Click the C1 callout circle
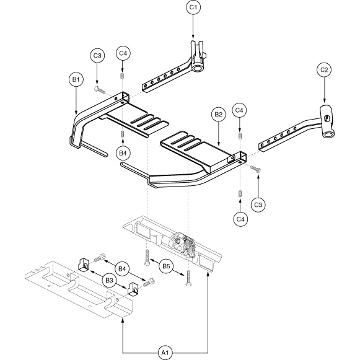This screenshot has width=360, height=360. tap(193, 7)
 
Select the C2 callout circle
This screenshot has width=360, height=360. tap(324, 70)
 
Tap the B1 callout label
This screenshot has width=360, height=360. tap(76, 79)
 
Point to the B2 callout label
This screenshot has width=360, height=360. tap(218, 115)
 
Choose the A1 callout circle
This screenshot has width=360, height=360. tap(165, 353)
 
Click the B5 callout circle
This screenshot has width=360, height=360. tap(167, 266)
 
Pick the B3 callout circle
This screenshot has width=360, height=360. tap(110, 280)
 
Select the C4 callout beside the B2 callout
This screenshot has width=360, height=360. tap(239, 110)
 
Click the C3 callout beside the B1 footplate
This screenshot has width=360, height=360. tap(97, 56)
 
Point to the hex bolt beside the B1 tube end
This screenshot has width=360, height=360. tap(100, 90)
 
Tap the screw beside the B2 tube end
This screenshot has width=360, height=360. tap(255, 169)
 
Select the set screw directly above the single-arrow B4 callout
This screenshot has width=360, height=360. tap(123, 134)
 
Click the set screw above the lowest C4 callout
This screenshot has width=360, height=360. tap(240, 193)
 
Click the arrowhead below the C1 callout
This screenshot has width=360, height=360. tap(193, 37)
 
